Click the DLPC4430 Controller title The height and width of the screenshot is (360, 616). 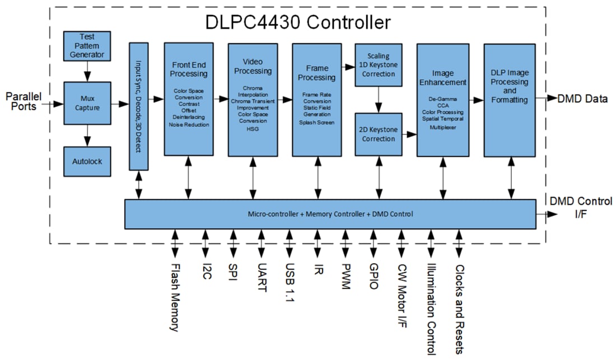click(298, 22)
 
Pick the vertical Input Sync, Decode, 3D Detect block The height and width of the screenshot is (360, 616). click(138, 106)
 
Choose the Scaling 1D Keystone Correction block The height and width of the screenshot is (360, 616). click(379, 65)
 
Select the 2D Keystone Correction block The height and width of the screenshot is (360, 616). click(379, 134)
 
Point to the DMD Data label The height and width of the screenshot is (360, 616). click(582, 99)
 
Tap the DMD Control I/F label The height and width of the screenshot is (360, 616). click(581, 208)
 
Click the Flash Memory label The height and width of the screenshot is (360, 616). click(175, 297)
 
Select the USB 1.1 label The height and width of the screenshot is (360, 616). click(289, 283)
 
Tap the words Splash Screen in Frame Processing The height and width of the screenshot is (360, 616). click(317, 121)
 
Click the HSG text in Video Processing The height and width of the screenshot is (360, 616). click(253, 129)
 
